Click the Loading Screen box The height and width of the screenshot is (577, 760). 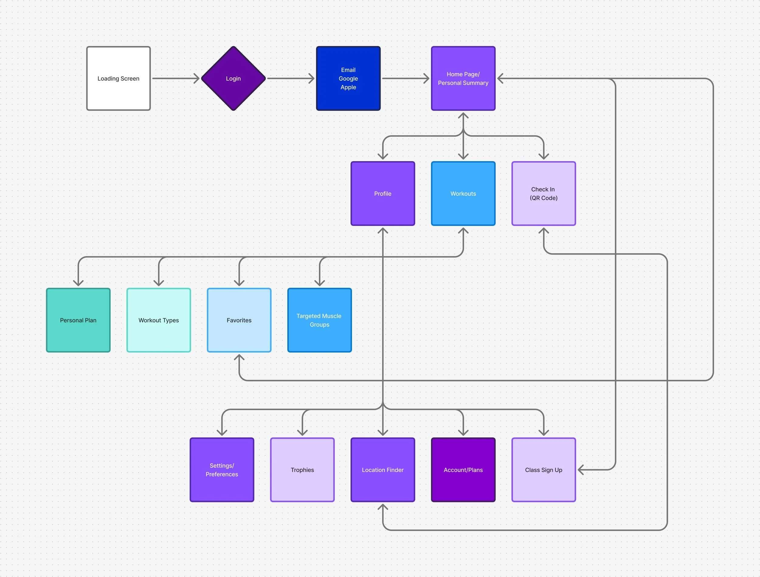pos(118,79)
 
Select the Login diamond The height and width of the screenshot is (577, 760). pos(233,79)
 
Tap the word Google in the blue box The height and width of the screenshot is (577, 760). pos(348,79)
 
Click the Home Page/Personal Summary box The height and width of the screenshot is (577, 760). pos(463,79)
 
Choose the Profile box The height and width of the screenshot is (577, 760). pos(383,194)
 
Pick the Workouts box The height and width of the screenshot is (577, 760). pos(463,194)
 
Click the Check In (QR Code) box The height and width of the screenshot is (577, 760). pos(544,194)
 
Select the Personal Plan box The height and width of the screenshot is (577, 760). pos(78,320)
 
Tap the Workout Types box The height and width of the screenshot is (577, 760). pos(159,320)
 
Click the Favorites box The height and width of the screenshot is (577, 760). pos(239,320)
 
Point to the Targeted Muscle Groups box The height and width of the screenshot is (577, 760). pos(320,320)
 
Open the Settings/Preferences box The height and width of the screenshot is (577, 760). pos(222,470)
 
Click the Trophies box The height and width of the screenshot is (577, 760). pos(302,470)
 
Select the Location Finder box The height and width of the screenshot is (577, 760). pos(383,470)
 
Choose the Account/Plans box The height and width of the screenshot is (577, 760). pos(463,470)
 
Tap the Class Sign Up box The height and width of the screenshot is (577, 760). pos(544,470)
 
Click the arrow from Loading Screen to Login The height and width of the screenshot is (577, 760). pos(175,79)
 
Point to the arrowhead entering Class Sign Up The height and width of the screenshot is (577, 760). pos(581,470)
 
